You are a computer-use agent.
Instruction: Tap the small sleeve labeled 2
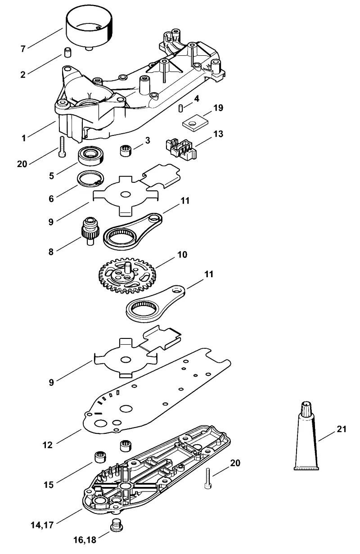coord(67,53)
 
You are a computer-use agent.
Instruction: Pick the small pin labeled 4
coord(181,108)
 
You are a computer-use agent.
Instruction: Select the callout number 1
coord(24,138)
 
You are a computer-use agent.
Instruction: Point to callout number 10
coord(182,254)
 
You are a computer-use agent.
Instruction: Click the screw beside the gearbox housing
coord(62,146)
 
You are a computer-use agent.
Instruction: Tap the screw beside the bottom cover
coord(208,478)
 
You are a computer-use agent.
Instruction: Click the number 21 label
coord(342,429)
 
